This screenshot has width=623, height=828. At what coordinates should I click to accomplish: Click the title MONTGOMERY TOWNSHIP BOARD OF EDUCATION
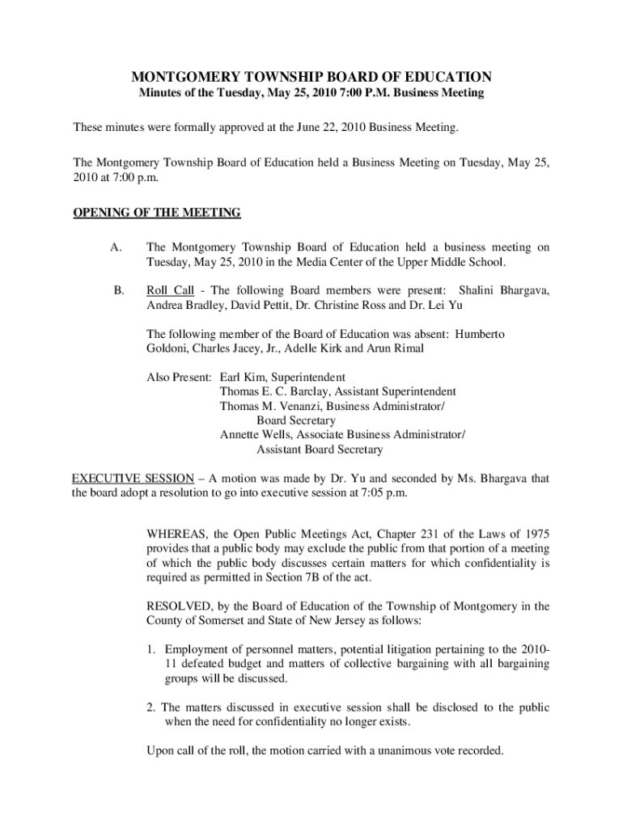tap(311, 78)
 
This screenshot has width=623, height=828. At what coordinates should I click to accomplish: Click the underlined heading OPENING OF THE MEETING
tap(157, 213)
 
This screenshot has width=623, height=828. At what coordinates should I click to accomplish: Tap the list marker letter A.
tap(116, 247)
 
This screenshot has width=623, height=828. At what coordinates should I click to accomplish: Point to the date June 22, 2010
tap(355, 128)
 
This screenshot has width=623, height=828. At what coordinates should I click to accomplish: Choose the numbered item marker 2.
tap(151, 708)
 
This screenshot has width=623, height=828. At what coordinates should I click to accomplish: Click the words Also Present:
tap(179, 377)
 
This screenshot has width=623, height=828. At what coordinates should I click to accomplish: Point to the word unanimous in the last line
tap(392, 750)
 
